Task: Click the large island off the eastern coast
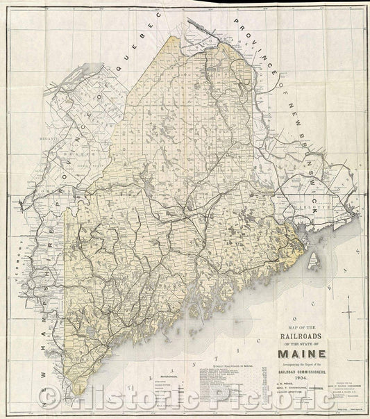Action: [x=314, y=260]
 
